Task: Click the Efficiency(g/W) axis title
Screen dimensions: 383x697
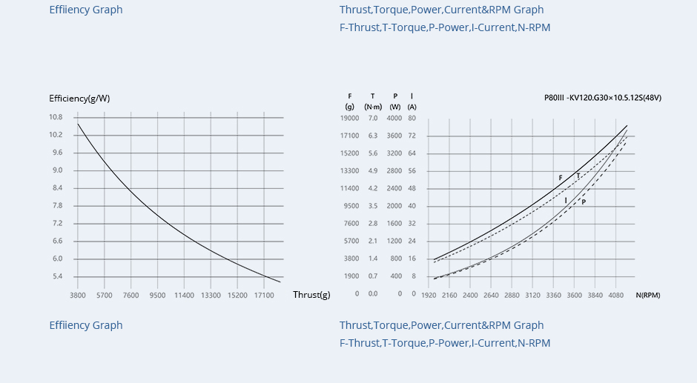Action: [79, 99]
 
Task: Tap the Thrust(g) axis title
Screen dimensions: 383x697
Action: [311, 295]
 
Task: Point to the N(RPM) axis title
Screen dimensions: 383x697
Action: [647, 295]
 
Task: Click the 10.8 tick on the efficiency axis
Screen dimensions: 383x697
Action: [56, 117]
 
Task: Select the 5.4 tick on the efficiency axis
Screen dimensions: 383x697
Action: [57, 277]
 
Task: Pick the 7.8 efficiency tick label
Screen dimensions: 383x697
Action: [57, 206]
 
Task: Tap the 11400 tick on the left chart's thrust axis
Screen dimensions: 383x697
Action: [184, 296]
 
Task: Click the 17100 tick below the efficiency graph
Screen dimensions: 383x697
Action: [264, 296]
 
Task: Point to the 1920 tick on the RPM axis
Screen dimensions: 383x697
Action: [429, 295]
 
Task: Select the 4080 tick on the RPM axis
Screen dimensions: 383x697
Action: [615, 295]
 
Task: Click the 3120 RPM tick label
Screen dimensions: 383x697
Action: [532, 295]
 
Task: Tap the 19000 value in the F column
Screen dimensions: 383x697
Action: [349, 119]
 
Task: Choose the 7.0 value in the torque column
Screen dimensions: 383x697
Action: [372, 119]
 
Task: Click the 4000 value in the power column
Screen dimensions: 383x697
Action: [394, 119]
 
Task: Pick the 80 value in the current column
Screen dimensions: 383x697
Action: [412, 119]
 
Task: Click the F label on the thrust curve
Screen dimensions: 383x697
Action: [561, 178]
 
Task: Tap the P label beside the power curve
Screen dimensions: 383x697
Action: [584, 202]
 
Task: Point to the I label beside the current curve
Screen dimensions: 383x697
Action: [566, 200]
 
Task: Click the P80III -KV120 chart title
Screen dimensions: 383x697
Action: [602, 98]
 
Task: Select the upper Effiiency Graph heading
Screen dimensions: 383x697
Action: [86, 10]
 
